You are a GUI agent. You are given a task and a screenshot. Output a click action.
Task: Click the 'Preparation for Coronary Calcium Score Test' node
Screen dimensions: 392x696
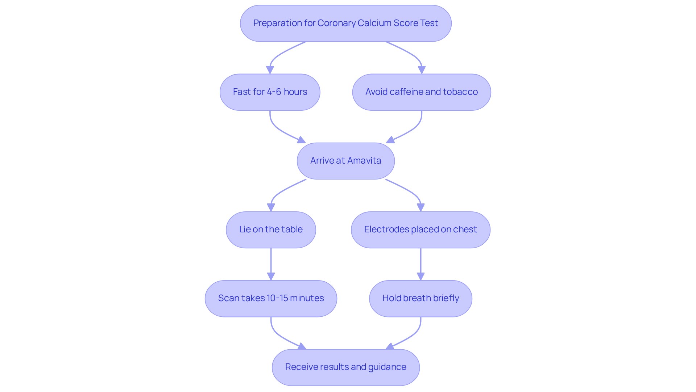click(345, 23)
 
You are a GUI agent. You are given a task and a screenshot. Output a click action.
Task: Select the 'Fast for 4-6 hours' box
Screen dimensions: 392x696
click(270, 92)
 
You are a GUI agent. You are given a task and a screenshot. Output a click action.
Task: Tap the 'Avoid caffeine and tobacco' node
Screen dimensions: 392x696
click(421, 92)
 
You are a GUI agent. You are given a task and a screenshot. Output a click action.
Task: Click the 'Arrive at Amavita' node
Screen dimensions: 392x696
click(345, 161)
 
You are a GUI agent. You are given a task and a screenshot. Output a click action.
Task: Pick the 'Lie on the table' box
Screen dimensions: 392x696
click(271, 229)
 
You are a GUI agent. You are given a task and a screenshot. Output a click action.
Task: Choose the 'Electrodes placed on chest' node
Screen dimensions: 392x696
click(420, 229)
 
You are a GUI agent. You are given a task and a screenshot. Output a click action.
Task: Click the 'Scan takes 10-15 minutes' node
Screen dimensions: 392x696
click(271, 298)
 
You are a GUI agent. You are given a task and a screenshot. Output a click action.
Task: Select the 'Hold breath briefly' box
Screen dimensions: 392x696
click(420, 298)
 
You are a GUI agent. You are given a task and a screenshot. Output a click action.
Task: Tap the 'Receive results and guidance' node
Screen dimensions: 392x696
click(345, 367)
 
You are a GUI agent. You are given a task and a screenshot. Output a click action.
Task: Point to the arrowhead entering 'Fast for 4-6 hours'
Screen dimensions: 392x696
click(270, 70)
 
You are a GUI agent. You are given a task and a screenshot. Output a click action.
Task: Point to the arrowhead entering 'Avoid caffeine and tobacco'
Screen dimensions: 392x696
click(422, 70)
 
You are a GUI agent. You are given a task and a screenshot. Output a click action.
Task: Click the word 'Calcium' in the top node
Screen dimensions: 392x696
click(374, 23)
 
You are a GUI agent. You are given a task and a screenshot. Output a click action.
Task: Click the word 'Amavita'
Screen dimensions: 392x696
click(364, 161)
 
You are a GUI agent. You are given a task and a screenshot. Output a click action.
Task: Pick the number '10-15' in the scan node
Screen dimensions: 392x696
click(277, 298)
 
